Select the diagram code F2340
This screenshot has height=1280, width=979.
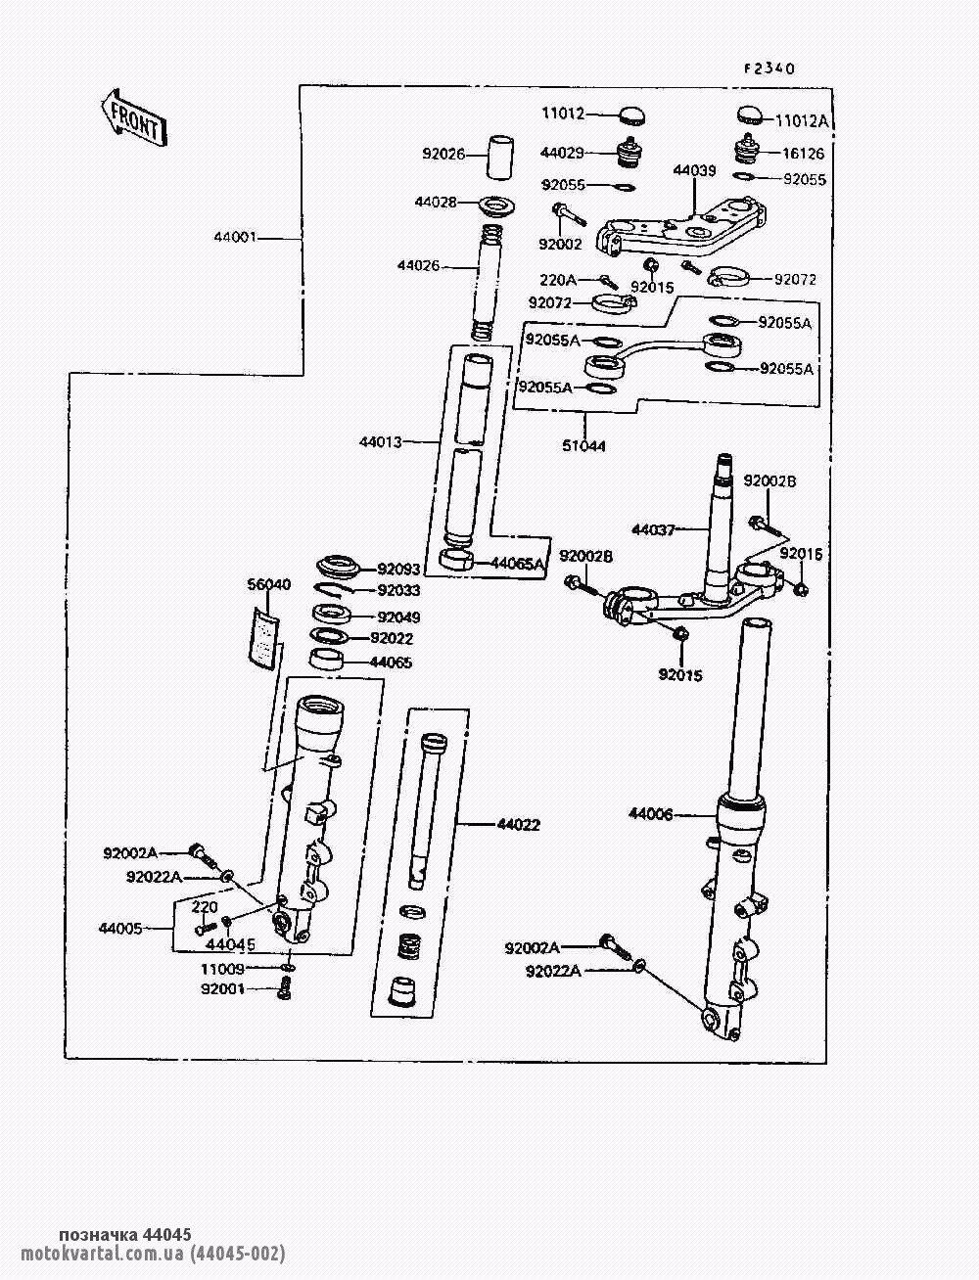[x=768, y=69]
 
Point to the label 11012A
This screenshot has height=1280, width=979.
[x=802, y=120]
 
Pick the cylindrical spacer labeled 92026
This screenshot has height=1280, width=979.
[x=500, y=155]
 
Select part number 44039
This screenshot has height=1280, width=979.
[x=694, y=170]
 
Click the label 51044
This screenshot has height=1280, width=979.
[x=584, y=446]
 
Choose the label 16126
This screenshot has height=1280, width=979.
[x=804, y=154]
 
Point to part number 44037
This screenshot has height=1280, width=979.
[x=653, y=529]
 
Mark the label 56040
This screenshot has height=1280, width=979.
[x=267, y=585]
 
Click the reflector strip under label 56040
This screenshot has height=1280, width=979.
[x=262, y=637]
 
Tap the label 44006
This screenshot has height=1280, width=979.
[x=651, y=813]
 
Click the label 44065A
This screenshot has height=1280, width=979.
[x=518, y=563]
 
